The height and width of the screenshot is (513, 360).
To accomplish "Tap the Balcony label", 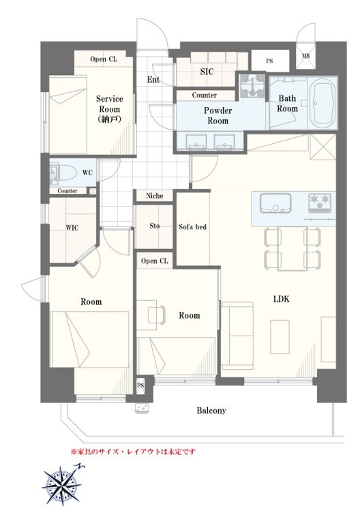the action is (211, 411).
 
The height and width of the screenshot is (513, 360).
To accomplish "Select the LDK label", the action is (282, 299).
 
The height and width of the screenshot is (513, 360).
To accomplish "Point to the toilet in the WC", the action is (63, 173).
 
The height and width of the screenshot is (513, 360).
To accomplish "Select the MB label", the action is (305, 56).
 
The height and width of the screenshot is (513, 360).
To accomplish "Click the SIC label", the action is (207, 72).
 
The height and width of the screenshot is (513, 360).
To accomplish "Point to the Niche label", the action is (154, 196).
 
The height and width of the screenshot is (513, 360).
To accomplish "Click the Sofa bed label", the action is (192, 226).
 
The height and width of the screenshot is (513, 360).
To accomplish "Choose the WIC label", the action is (72, 227).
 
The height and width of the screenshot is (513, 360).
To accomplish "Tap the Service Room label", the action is (110, 109).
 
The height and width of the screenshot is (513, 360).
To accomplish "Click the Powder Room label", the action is (217, 115).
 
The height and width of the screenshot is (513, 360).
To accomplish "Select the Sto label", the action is (155, 226).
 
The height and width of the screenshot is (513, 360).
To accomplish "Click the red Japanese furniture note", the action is (134, 452).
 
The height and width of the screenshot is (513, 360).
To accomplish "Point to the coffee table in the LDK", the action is (280, 337).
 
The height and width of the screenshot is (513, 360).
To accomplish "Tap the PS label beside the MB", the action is (269, 61).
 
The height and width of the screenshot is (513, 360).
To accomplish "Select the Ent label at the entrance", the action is (153, 80).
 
